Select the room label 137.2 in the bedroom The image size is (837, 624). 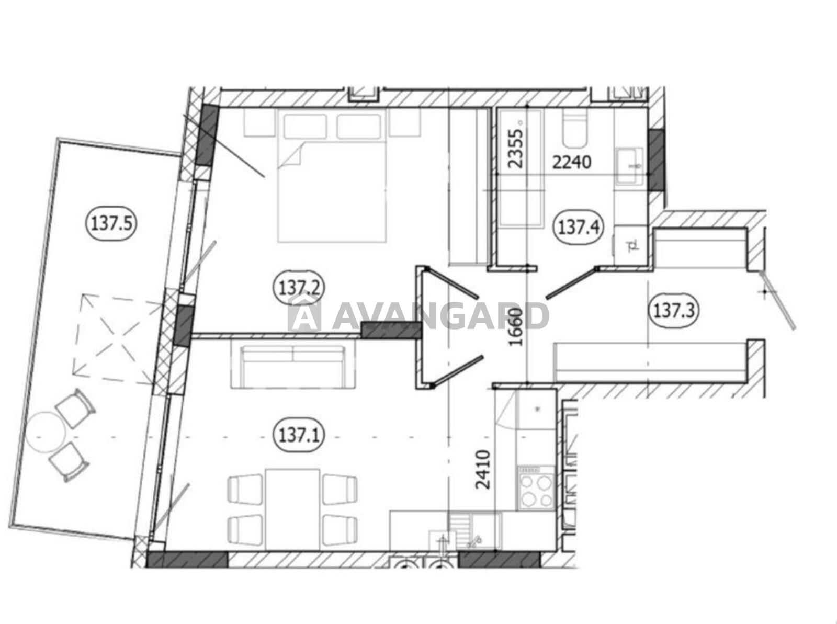[299, 289]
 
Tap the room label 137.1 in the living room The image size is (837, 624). [299, 436]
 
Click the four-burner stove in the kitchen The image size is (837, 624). [535, 489]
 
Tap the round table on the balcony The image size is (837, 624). [46, 432]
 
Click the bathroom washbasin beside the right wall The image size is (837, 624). [630, 166]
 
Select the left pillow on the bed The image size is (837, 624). [305, 127]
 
